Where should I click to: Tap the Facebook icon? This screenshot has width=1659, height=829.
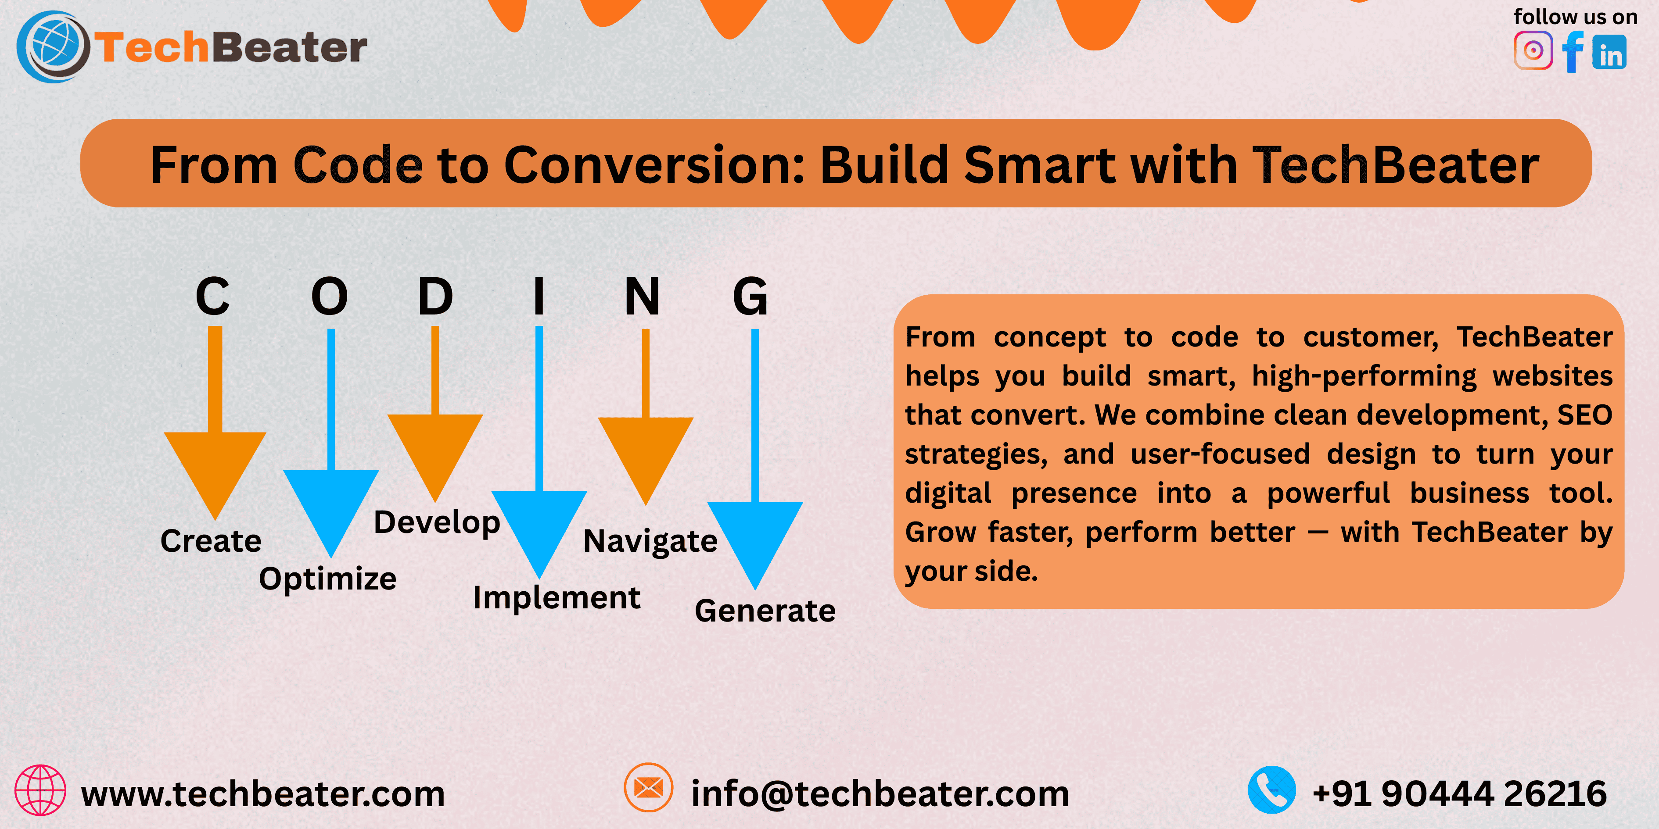coord(1572,51)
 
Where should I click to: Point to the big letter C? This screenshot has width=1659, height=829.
coord(212,296)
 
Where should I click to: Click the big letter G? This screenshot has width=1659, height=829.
coord(750,296)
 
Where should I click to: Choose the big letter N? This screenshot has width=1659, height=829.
coord(642,296)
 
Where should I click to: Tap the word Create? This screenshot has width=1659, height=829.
coord(211,541)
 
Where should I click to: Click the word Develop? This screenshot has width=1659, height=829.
coord(437,523)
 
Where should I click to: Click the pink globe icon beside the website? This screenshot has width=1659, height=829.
coord(40,790)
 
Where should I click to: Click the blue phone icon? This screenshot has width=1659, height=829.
coord(1272,790)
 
